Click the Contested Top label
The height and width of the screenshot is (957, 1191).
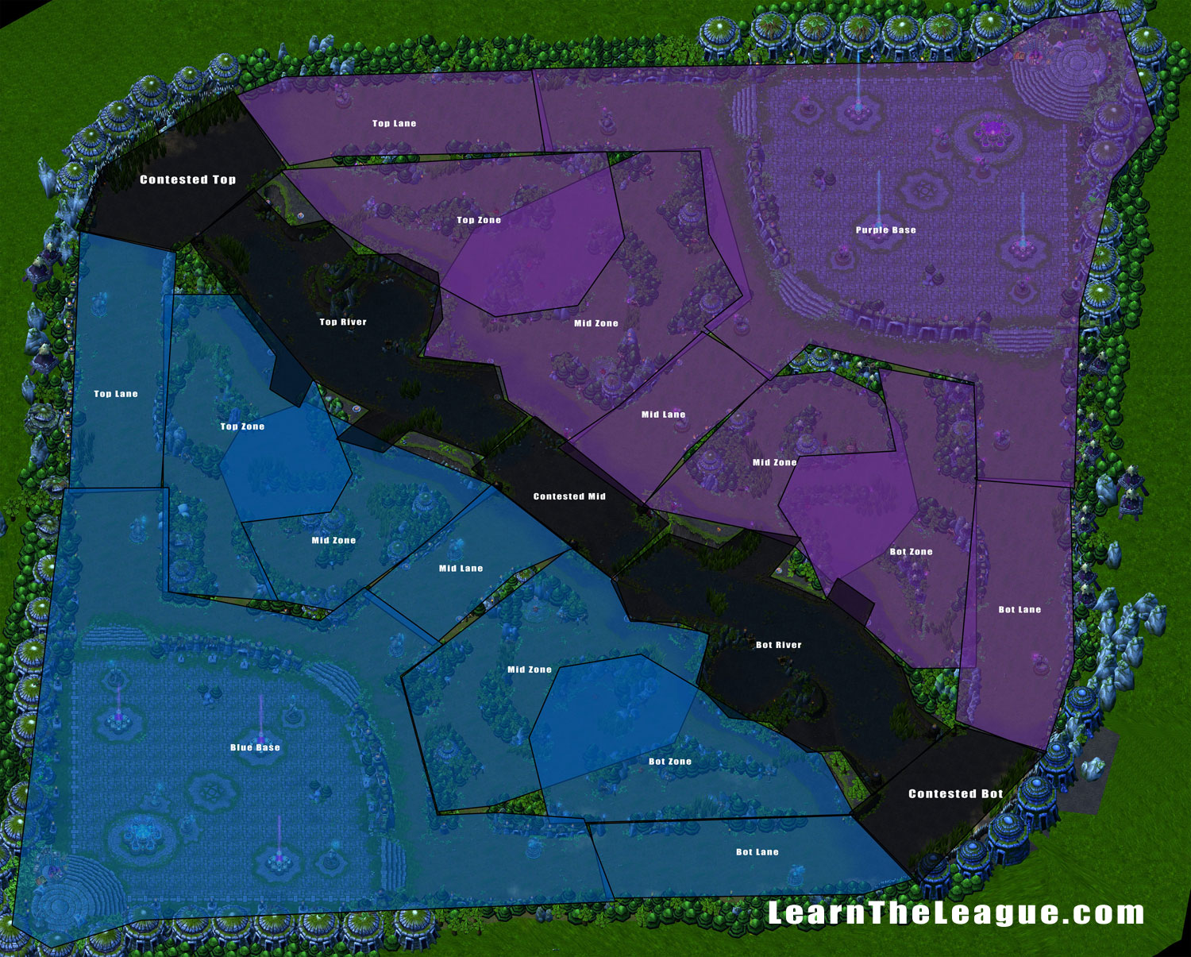pyautogui.click(x=187, y=179)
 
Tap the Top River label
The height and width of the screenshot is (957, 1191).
pyautogui.click(x=343, y=322)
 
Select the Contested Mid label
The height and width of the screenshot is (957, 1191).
pyautogui.click(x=569, y=496)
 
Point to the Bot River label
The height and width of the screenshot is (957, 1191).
pyautogui.click(x=778, y=645)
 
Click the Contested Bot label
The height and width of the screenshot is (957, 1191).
pyautogui.click(x=955, y=793)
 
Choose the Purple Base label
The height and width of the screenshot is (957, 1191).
pyautogui.click(x=885, y=230)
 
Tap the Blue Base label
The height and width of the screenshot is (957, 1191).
pyautogui.click(x=255, y=747)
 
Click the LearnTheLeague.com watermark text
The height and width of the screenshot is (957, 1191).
pyautogui.click(x=955, y=913)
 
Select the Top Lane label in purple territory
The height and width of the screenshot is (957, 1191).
pyautogui.click(x=394, y=123)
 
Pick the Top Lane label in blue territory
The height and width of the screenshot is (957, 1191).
pyautogui.click(x=116, y=394)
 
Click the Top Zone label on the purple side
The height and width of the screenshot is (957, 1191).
pyautogui.click(x=479, y=220)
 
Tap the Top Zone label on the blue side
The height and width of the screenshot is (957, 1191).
pyautogui.click(x=242, y=426)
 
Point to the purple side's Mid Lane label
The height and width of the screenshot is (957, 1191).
pyautogui.click(x=663, y=415)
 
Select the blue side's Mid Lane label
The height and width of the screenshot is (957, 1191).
pyautogui.click(x=461, y=569)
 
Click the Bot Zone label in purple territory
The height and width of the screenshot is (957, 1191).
pyautogui.click(x=911, y=552)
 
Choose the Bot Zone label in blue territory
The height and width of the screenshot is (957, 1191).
pyautogui.click(x=670, y=762)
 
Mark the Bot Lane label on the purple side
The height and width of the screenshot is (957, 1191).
pyautogui.click(x=1019, y=610)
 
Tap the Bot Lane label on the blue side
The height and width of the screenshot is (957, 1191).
pyautogui.click(x=757, y=852)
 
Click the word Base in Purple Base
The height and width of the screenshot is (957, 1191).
pyautogui.click(x=904, y=230)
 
